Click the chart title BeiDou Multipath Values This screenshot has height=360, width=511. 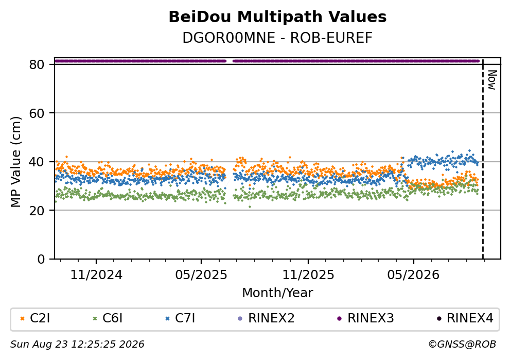(x=277, y=17)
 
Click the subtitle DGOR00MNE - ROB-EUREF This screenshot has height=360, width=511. (x=277, y=38)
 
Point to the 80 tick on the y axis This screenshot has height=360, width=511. (x=37, y=64)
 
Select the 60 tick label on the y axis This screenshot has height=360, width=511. (x=37, y=113)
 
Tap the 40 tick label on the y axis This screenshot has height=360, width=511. (x=37, y=162)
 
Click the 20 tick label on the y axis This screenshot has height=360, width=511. (x=37, y=210)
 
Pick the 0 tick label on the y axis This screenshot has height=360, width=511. (x=41, y=259)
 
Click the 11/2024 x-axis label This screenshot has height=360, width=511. (x=96, y=275)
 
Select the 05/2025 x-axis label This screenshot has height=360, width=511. (x=201, y=275)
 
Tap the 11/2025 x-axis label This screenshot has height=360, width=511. (x=308, y=275)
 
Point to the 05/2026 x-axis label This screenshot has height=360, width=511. (x=413, y=275)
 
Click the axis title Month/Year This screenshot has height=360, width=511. (x=277, y=293)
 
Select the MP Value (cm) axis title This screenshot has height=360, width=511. (x=15, y=162)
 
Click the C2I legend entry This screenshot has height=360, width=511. (x=35, y=318)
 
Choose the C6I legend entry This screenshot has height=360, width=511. (x=108, y=318)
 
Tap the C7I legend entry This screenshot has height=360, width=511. (x=181, y=318)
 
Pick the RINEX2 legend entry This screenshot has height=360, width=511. (x=266, y=318)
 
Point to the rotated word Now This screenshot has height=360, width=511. (x=492, y=80)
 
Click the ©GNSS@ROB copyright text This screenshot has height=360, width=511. (x=462, y=345)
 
